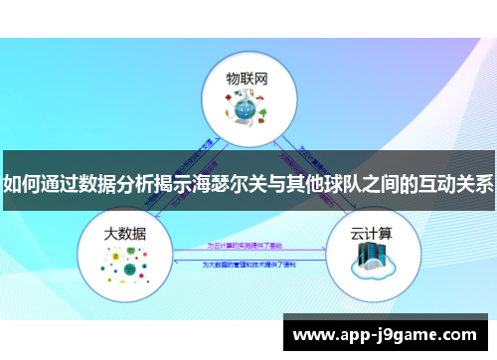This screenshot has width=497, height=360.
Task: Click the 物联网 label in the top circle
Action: coord(247,78)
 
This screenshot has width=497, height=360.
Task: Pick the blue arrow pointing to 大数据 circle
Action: coord(177,259)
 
